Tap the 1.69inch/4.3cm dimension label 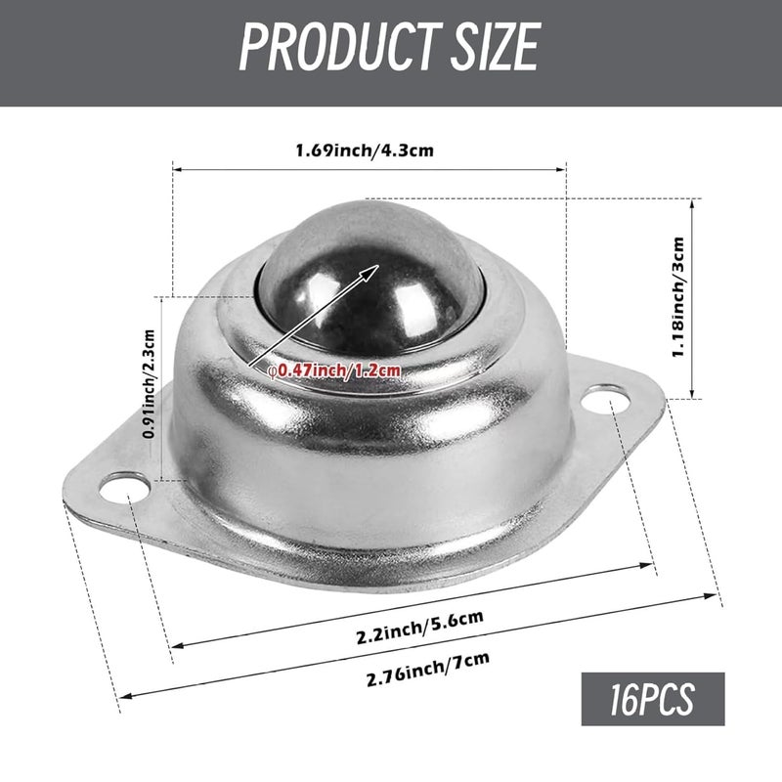[366, 151]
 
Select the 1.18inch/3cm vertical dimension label [679, 297]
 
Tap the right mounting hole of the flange [609, 400]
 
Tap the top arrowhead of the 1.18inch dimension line [695, 200]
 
